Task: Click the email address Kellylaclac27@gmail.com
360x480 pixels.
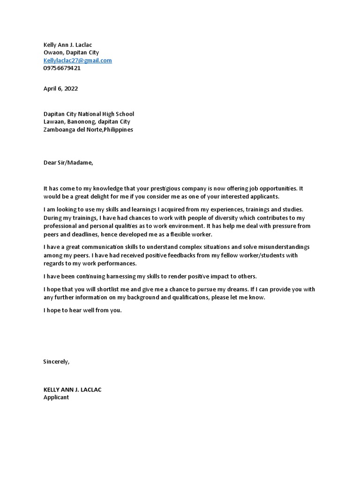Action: pyautogui.click(x=77, y=60)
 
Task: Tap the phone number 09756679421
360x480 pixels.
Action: pyautogui.click(x=62, y=68)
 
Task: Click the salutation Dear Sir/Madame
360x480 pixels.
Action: pyautogui.click(x=68, y=163)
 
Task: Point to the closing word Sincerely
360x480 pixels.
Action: pyautogui.click(x=56, y=361)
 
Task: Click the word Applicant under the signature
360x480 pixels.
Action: pyautogui.click(x=56, y=397)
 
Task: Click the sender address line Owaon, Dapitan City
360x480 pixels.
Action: pyautogui.click(x=71, y=52)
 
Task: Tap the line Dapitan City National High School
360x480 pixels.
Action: pyautogui.click(x=89, y=114)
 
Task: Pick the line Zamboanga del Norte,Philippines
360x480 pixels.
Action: pyautogui.click(x=88, y=129)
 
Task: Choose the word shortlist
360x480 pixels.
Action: pyautogui.click(x=104, y=289)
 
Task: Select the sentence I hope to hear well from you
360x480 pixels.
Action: pyautogui.click(x=82, y=310)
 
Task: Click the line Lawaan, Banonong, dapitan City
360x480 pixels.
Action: pyautogui.click(x=87, y=121)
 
